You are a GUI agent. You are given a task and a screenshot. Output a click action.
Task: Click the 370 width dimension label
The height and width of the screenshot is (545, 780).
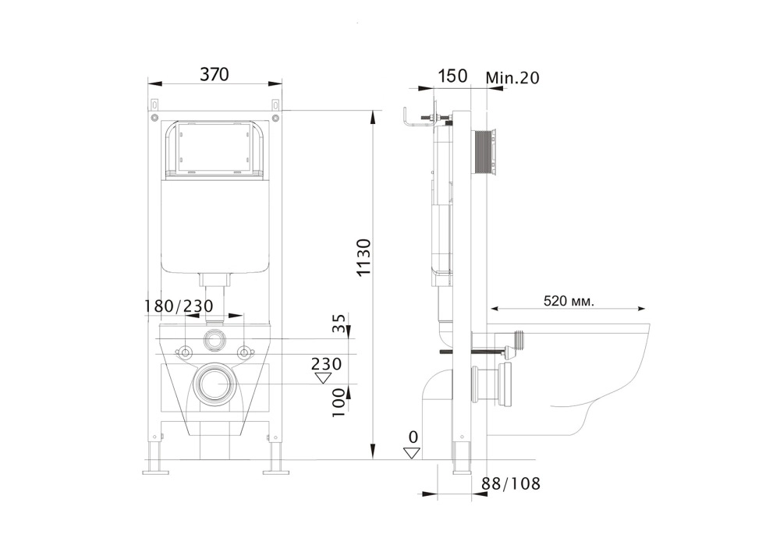coord(214,75)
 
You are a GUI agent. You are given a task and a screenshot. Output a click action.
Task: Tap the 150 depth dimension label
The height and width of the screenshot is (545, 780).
coord(452,76)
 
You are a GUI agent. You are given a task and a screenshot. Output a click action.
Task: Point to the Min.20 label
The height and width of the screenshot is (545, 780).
coord(512,77)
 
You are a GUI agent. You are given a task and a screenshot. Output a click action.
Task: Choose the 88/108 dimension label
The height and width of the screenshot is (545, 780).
coord(511,484)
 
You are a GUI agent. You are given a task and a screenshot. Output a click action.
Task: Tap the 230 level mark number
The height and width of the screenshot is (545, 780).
coord(326,364)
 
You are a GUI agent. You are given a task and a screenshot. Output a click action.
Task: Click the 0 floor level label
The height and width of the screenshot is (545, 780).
coord(413,437)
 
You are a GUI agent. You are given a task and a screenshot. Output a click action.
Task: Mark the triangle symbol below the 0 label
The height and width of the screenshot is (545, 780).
coord(413,453)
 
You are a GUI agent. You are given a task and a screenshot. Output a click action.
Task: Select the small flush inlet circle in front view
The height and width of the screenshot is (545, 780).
coord(214,340)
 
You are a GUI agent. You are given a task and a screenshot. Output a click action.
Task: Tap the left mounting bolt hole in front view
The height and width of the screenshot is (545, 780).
coord(185,352)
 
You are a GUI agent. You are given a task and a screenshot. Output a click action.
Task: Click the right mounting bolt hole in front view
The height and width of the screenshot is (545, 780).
coord(244,352)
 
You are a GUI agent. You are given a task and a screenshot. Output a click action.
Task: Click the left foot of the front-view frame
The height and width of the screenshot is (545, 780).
coord(155,470)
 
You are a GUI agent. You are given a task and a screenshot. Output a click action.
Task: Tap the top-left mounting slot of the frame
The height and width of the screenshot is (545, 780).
coord(154,104)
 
